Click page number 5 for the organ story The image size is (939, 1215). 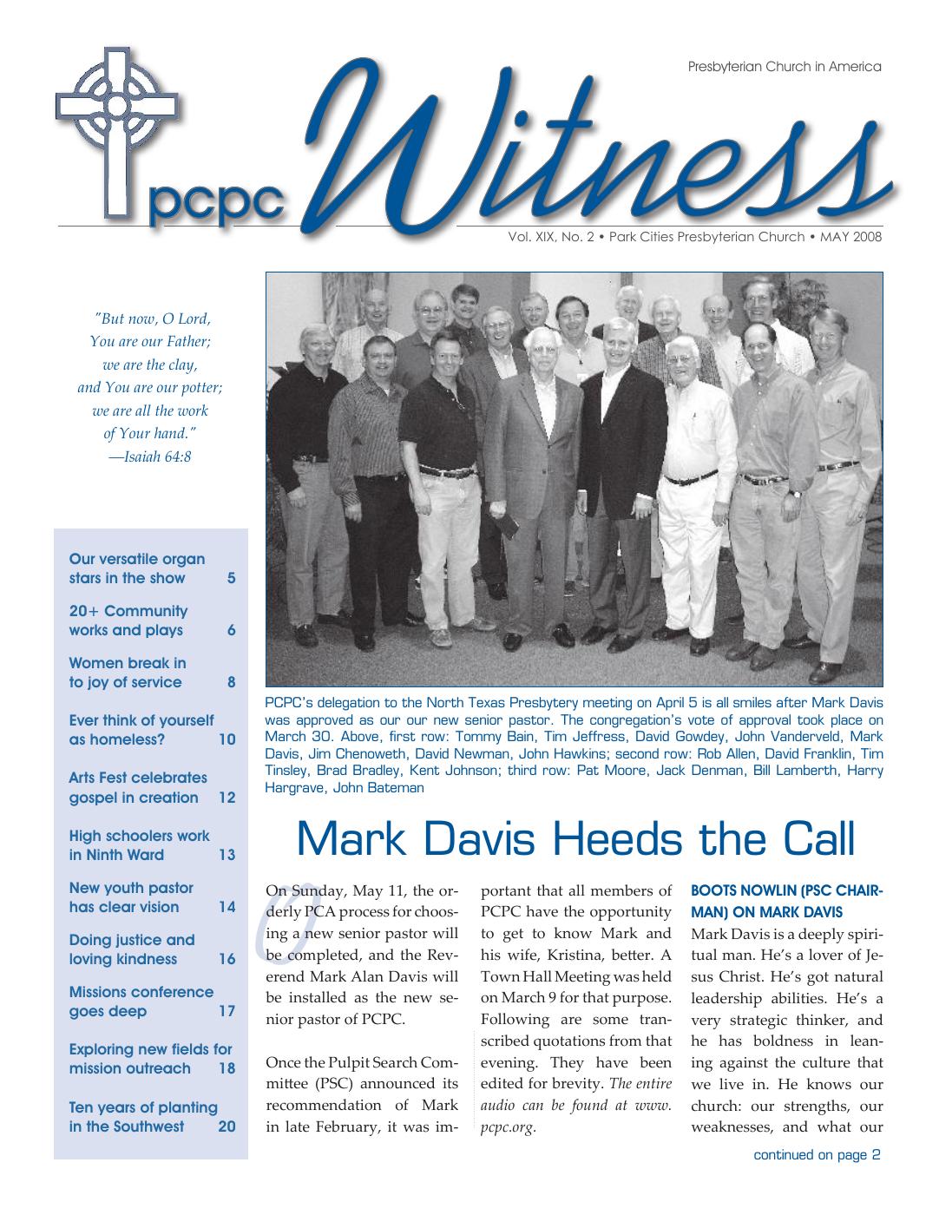click(231, 579)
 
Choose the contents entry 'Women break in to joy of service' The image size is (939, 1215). click(127, 673)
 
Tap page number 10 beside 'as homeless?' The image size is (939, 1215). click(227, 740)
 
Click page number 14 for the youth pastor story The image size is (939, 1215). click(227, 908)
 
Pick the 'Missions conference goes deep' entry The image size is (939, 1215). click(141, 1002)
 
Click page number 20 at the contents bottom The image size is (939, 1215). click(227, 1127)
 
